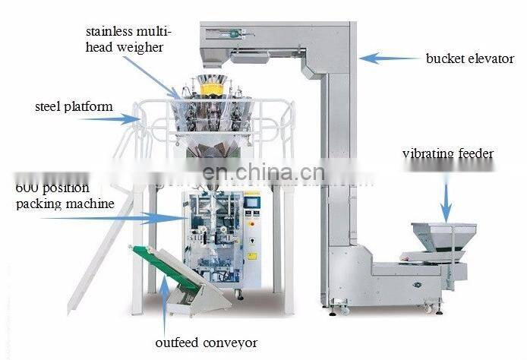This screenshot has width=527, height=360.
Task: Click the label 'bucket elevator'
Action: (x=469, y=58)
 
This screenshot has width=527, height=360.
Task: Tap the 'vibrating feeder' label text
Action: (x=447, y=155)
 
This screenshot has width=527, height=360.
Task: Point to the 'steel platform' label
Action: (x=73, y=106)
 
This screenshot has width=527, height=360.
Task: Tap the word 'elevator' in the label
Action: (x=491, y=58)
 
